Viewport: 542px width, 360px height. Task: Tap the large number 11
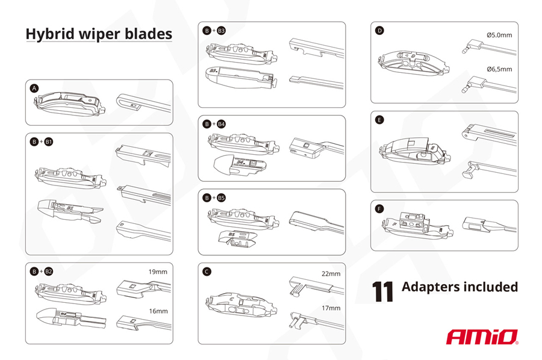click(x=382, y=291)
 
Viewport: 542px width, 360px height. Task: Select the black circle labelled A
click(x=34, y=88)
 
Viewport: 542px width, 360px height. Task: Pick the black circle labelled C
click(x=207, y=272)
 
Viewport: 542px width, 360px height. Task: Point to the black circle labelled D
click(x=379, y=31)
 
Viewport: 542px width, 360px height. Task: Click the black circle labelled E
click(x=379, y=120)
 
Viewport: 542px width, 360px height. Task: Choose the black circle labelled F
click(x=379, y=208)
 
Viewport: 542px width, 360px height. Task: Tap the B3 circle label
click(x=221, y=31)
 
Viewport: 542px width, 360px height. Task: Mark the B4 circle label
click(x=221, y=124)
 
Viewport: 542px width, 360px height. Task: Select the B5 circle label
click(x=221, y=198)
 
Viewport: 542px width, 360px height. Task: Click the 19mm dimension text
click(x=158, y=272)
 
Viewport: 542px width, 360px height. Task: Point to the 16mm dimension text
click(x=158, y=311)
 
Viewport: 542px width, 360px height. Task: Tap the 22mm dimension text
click(x=331, y=274)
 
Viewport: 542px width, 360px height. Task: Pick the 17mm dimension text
click(x=331, y=308)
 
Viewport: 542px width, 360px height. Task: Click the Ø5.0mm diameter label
click(x=499, y=36)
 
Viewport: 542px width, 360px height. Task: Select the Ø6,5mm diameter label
click(x=499, y=69)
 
